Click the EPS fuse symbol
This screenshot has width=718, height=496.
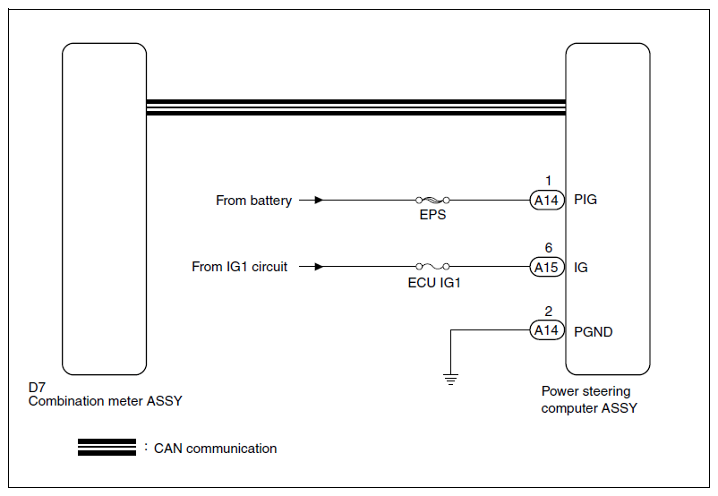tap(432, 201)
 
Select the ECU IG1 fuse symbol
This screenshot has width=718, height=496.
tap(432, 267)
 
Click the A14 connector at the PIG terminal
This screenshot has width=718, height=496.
tap(545, 201)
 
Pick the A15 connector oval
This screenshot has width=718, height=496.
tap(545, 267)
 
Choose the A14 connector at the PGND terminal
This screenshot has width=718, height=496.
tap(545, 330)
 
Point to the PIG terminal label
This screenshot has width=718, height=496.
tap(586, 200)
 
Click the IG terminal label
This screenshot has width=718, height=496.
tap(580, 267)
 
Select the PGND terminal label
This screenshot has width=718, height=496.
tap(593, 331)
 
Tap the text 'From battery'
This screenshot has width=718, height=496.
tap(253, 201)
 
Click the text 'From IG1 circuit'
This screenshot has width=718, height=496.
tap(240, 267)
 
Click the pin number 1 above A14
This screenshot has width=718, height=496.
tap(548, 181)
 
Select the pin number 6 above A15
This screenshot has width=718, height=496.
tap(548, 248)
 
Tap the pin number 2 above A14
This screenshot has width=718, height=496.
tap(548, 312)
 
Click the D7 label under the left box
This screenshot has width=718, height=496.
tap(37, 388)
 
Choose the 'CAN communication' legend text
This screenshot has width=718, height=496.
tap(215, 449)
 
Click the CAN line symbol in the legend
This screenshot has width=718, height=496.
tap(107, 448)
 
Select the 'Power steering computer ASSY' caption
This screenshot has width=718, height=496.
tap(588, 399)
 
